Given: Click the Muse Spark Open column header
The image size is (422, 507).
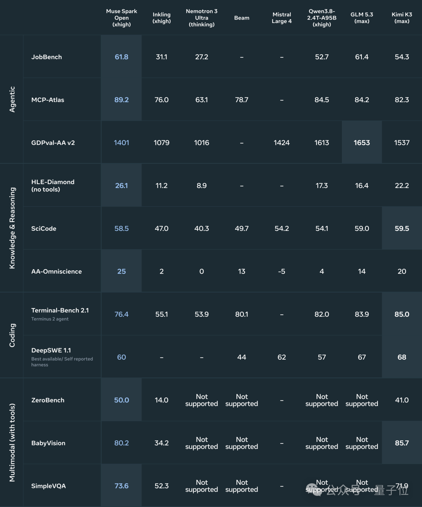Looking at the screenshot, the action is (x=122, y=18).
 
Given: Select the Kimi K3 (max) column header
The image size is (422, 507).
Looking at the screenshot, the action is (x=402, y=18).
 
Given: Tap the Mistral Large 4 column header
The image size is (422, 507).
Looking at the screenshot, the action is (x=281, y=18).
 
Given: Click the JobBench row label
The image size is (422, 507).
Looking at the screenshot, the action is (x=46, y=57).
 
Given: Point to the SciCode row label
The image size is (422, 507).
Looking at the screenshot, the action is (x=43, y=229).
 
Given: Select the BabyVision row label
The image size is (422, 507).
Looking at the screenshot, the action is (x=48, y=443).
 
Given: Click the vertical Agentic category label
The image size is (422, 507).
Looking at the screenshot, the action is (x=12, y=99).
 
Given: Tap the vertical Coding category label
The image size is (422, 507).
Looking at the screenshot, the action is (x=12, y=335).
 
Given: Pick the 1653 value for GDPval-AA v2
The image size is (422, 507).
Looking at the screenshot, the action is (x=362, y=142).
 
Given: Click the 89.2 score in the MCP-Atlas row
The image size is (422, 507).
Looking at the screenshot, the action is (x=122, y=100).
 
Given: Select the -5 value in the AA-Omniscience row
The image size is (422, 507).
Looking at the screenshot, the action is (x=281, y=271).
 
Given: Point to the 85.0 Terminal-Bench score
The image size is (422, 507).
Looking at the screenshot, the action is (x=402, y=314).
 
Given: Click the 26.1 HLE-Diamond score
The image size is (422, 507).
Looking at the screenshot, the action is (x=122, y=186).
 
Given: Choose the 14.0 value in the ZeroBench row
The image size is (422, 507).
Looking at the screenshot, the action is (x=161, y=400).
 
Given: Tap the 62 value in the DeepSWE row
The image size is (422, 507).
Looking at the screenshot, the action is (x=281, y=357).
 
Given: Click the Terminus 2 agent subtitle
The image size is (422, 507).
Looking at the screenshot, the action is (x=50, y=319).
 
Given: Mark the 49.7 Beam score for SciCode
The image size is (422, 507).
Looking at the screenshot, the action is (x=241, y=229).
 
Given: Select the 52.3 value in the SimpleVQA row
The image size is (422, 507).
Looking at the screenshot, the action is (x=161, y=486).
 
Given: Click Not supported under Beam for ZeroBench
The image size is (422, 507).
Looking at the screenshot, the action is (x=241, y=400).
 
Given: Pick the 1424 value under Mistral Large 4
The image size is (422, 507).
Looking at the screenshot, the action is (x=281, y=142).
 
